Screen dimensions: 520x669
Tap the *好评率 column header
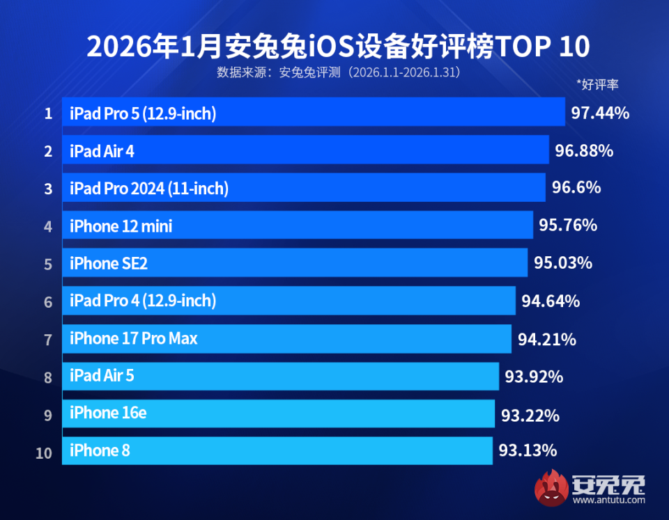(x=597, y=85)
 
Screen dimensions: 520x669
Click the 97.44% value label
(x=600, y=113)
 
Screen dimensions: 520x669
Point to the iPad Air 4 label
(x=102, y=150)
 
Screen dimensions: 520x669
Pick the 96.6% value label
(x=576, y=188)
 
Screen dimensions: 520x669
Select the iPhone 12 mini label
(x=121, y=226)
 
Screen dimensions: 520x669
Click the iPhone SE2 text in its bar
(x=109, y=263)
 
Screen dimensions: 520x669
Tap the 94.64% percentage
(x=551, y=301)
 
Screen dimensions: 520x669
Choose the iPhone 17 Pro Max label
(x=134, y=338)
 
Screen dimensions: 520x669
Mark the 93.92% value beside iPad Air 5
(x=534, y=377)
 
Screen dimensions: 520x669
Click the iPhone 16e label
(x=108, y=413)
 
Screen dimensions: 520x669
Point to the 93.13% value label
(x=528, y=450)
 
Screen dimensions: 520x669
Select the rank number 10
(x=44, y=453)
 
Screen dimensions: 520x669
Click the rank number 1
(x=48, y=113)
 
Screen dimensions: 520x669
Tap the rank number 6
(x=48, y=302)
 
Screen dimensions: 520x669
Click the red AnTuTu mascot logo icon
(x=551, y=487)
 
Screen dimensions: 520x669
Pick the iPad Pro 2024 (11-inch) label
(x=149, y=188)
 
